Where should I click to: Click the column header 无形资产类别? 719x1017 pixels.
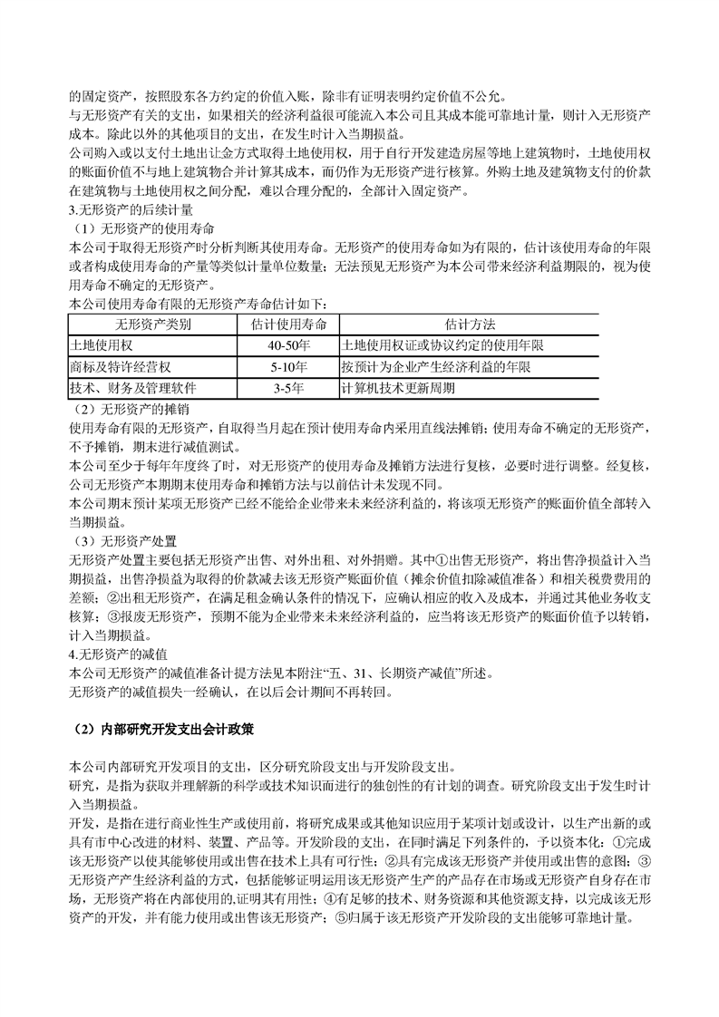click(x=152, y=324)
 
